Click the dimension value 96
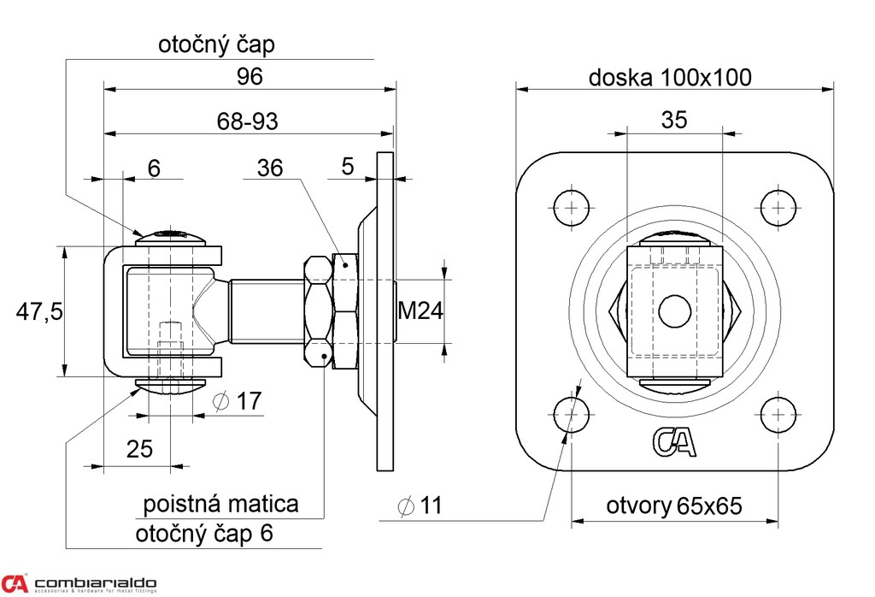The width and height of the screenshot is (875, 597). coord(250,76)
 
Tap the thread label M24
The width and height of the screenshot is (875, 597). coord(420,311)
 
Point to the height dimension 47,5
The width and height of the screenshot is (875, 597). coord(39,311)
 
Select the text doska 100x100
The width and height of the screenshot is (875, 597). coord(670,78)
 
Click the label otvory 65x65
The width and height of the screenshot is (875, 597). coord(674,505)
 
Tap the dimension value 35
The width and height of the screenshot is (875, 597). coord(674,121)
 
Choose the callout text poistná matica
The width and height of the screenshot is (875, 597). coord(220,503)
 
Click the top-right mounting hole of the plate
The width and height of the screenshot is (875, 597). coord(777,207)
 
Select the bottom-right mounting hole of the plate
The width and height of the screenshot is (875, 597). coord(777,415)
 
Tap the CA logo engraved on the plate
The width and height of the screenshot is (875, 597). coord(675,441)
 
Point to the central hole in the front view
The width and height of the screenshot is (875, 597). coord(674,310)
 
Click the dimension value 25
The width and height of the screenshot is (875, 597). coord(140,449)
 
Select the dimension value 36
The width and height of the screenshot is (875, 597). coord(270,168)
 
